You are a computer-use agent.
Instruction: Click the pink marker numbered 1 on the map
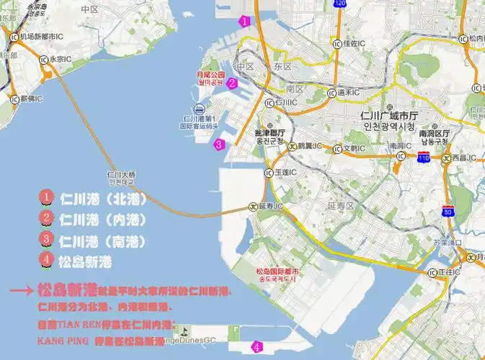point(245,21)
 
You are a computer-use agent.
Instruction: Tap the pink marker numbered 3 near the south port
point(220,144)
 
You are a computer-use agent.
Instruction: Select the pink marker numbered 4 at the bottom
point(257,348)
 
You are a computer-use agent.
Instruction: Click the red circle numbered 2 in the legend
point(46,217)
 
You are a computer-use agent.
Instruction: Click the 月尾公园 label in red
point(210,74)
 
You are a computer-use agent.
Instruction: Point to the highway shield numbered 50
point(448,211)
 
